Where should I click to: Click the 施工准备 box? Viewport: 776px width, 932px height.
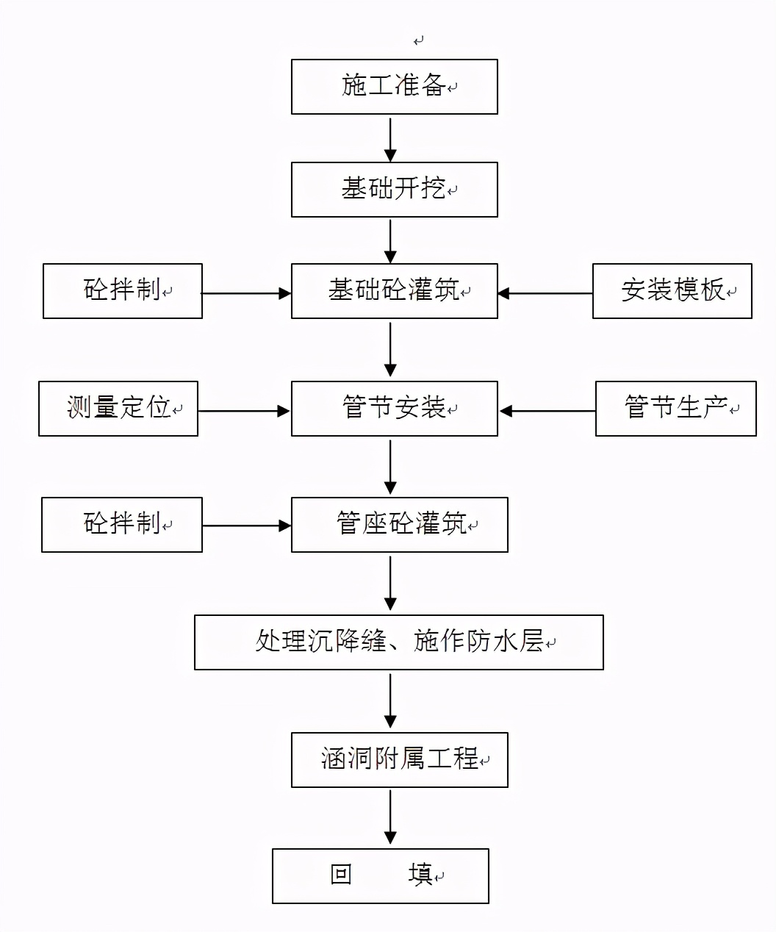coord(394,87)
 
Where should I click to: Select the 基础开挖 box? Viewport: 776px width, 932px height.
coord(394,190)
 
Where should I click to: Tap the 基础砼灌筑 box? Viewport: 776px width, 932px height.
coord(394,291)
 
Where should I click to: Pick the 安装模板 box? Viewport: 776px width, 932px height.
coord(672,291)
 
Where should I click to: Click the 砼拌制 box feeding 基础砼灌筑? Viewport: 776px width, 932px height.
coord(123,291)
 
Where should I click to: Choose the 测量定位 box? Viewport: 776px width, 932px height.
coord(118,408)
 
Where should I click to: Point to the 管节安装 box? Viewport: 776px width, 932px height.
coord(394,408)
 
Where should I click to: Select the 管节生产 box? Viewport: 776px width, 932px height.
coord(675,408)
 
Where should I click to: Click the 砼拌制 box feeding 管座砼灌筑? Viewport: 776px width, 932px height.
coord(122,525)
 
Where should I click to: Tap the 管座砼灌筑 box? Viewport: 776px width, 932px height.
coord(399,525)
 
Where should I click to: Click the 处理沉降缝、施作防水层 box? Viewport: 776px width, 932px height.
coord(398,642)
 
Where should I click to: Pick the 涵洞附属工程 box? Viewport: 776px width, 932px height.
coord(399,759)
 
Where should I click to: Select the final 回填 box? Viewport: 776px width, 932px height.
coord(380,875)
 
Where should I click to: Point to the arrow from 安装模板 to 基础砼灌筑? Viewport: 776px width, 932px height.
coord(545,293)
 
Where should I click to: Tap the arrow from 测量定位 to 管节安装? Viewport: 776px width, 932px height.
coord(244,411)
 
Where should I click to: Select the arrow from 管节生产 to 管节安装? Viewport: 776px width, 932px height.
coord(547,411)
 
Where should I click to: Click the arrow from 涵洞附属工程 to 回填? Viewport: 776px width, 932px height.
coord(390,817)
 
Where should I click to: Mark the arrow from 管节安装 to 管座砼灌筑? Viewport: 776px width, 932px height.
coord(390,467)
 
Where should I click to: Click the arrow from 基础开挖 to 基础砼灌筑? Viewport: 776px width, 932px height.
coord(390,240)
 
